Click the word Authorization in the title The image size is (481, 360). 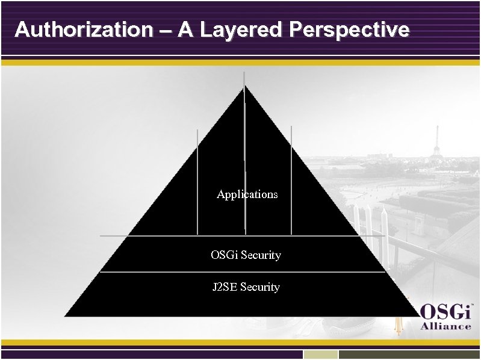point(84,29)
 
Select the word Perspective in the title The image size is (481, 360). point(349,29)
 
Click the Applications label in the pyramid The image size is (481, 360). point(247,194)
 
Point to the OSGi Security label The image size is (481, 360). point(246,255)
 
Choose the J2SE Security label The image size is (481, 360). point(246,287)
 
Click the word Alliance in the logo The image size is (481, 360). point(445,326)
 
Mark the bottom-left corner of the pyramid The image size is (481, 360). point(66,315)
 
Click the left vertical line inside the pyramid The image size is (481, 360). point(197,181)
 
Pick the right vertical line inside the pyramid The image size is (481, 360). point(291,181)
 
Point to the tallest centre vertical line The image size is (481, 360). point(244,151)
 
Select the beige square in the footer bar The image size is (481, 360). point(320,355)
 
